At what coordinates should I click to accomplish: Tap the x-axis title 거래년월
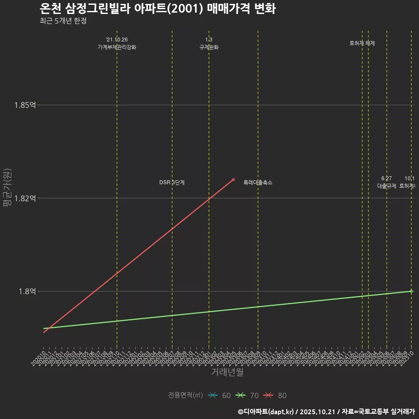pos(227,372)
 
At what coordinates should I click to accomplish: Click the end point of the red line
pos(234,179)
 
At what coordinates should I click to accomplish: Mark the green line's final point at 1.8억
pos(411,291)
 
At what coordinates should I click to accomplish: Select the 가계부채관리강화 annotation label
pos(117,47)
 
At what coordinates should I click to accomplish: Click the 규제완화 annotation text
pos(209,47)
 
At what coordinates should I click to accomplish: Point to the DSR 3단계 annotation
pos(172,182)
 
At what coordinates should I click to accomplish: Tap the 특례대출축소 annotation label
pos(258,182)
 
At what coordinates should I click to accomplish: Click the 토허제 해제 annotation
pos(362,43)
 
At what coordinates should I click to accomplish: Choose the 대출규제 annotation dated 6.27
pos(387,186)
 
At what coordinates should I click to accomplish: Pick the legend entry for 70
pos(247,395)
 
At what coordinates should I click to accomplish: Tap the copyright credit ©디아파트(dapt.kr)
pos(267,411)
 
